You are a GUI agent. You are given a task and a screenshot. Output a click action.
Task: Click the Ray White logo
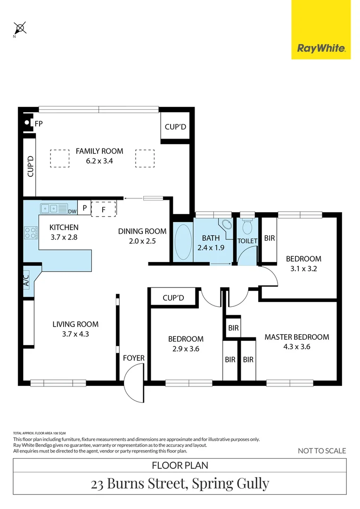pos(321,48)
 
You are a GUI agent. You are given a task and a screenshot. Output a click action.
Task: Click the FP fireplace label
pos(39,123)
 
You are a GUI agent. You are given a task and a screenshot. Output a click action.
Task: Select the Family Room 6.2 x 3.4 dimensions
pos(99,160)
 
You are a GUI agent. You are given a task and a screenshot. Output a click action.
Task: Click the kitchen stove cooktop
pos(31,233)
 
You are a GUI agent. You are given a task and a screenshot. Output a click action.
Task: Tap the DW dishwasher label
pos(72,211)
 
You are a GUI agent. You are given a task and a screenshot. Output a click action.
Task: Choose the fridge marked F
pos(104,208)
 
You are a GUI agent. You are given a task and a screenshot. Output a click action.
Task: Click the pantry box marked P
pos(84,208)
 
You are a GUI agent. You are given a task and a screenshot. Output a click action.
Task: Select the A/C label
pos(26,281)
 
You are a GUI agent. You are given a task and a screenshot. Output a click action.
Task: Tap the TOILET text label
pos(247,241)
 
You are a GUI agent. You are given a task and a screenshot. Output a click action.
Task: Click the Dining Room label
pos(142,231)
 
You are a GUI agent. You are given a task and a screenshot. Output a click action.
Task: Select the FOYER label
pos(133,358)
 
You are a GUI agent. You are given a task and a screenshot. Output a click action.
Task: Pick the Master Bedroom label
pos(296,337)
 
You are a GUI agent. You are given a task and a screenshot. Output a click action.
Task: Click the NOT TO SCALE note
pos(322,451)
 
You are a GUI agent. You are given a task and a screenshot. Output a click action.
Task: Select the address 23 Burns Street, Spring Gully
pos(180,483)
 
